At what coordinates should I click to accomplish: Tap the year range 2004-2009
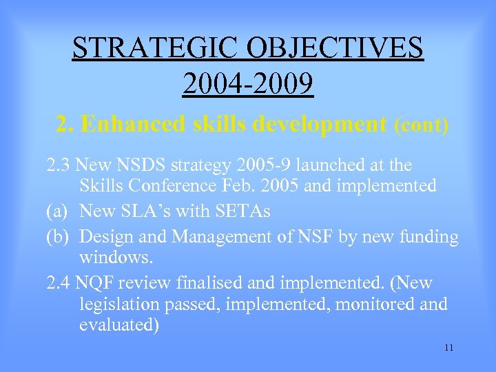(x=248, y=84)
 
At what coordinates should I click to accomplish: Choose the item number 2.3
(x=59, y=166)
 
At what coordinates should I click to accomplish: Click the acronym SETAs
(x=245, y=211)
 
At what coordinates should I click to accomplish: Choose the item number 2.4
(x=59, y=282)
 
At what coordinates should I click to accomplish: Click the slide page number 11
(x=448, y=347)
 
